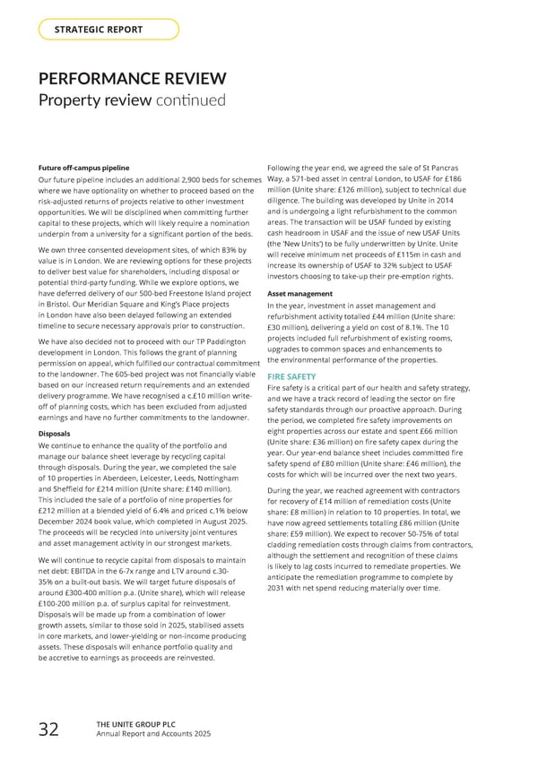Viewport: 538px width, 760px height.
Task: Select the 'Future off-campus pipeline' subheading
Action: [83, 168]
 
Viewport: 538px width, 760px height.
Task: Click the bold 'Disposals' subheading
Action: [55, 433]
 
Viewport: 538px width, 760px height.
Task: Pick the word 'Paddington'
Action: [233, 341]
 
